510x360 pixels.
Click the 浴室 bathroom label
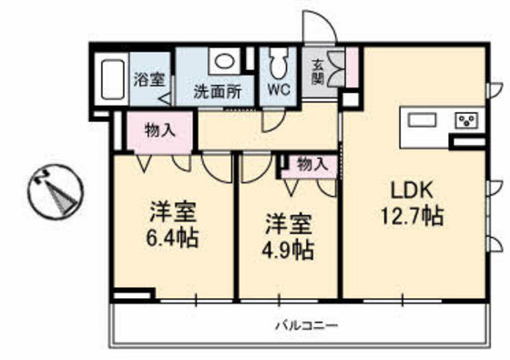point(150,79)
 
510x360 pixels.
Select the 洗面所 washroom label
point(217,91)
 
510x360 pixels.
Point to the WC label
point(280,91)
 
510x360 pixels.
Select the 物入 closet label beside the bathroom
point(160,129)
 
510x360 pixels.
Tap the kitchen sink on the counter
point(424,120)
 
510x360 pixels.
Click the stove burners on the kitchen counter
point(466,120)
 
